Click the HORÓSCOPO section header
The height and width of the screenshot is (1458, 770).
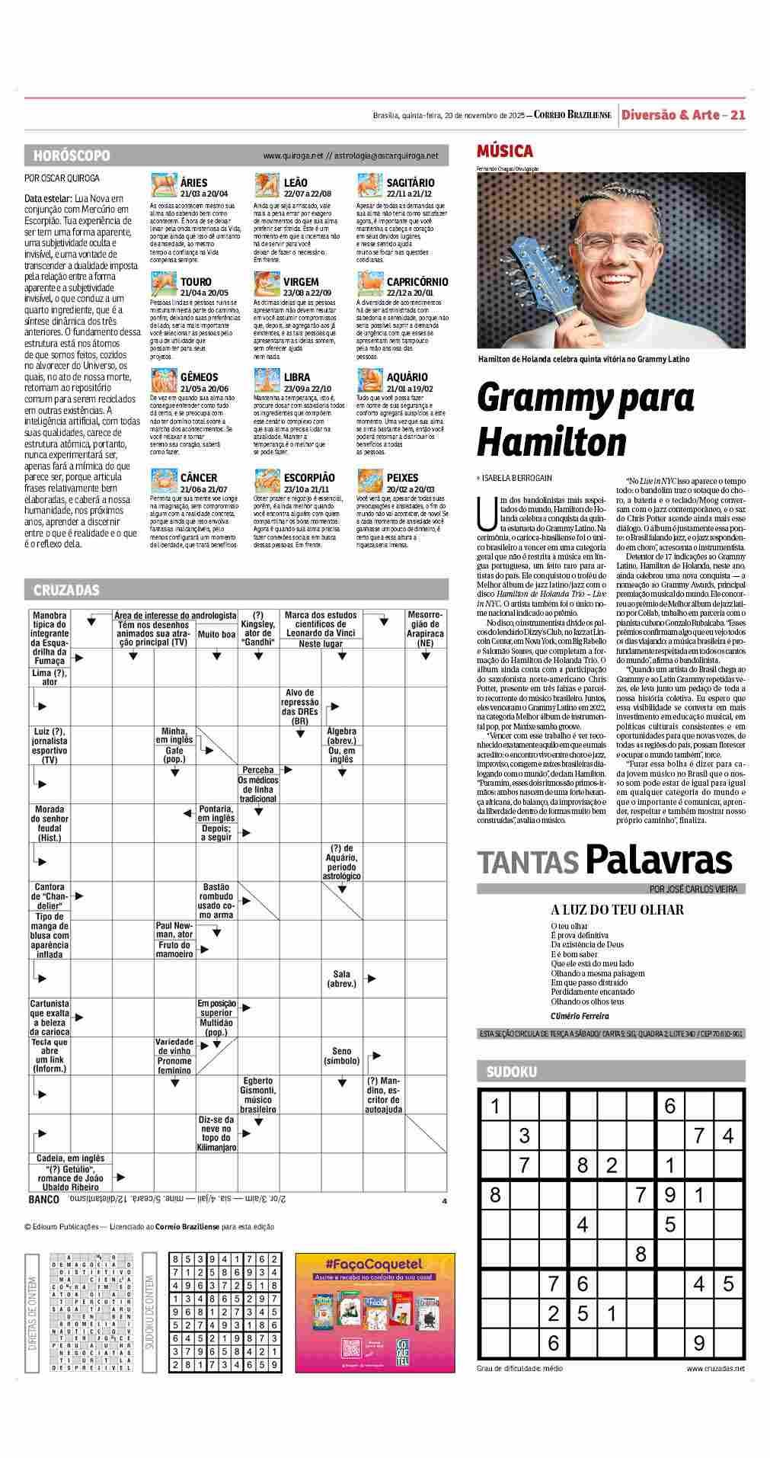pyautogui.click(x=72, y=155)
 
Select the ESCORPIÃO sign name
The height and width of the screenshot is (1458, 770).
pyautogui.click(x=308, y=477)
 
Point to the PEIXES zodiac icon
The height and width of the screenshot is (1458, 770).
pyautogui.click(x=369, y=480)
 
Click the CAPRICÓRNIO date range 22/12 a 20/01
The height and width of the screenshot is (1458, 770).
pyautogui.click(x=410, y=292)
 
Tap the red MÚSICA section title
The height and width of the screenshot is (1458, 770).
pyautogui.click(x=504, y=151)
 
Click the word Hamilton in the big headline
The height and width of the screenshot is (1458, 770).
pyautogui.click(x=542, y=441)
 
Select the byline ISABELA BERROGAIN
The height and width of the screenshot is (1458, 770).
pyautogui.click(x=516, y=478)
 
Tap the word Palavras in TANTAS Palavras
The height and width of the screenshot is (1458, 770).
pyautogui.click(x=659, y=860)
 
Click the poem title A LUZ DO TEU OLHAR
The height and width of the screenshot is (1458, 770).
pyautogui.click(x=617, y=909)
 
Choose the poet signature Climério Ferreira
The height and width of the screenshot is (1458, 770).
pyautogui.click(x=580, y=1016)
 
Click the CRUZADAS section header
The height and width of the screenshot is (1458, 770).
pyautogui.click(x=66, y=590)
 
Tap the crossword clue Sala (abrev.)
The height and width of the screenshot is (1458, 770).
pyautogui.click(x=341, y=979)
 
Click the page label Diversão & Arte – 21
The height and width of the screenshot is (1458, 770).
pyautogui.click(x=682, y=115)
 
